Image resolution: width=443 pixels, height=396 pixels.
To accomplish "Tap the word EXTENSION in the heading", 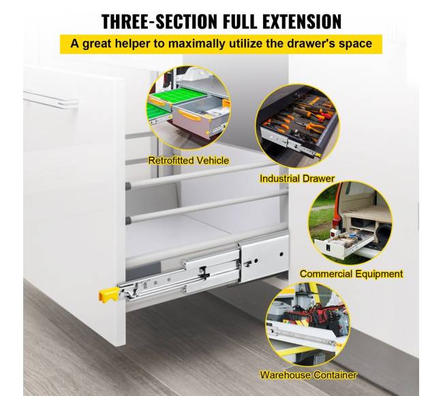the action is pos(302,21).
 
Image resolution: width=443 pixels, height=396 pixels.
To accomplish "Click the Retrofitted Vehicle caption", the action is pos(188,160).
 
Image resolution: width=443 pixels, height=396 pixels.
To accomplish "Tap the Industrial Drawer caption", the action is pos(297,179).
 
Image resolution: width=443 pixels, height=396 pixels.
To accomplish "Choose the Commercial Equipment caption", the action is pos(351,274).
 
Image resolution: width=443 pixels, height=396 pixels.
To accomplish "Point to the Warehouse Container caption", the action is pos(308,375).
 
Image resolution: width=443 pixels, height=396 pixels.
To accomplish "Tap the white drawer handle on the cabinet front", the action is pos(51,100).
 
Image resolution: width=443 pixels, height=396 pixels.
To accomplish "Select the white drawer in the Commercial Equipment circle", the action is pos(343,243).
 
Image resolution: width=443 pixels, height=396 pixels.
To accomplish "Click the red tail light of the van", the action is pos(336,224).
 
